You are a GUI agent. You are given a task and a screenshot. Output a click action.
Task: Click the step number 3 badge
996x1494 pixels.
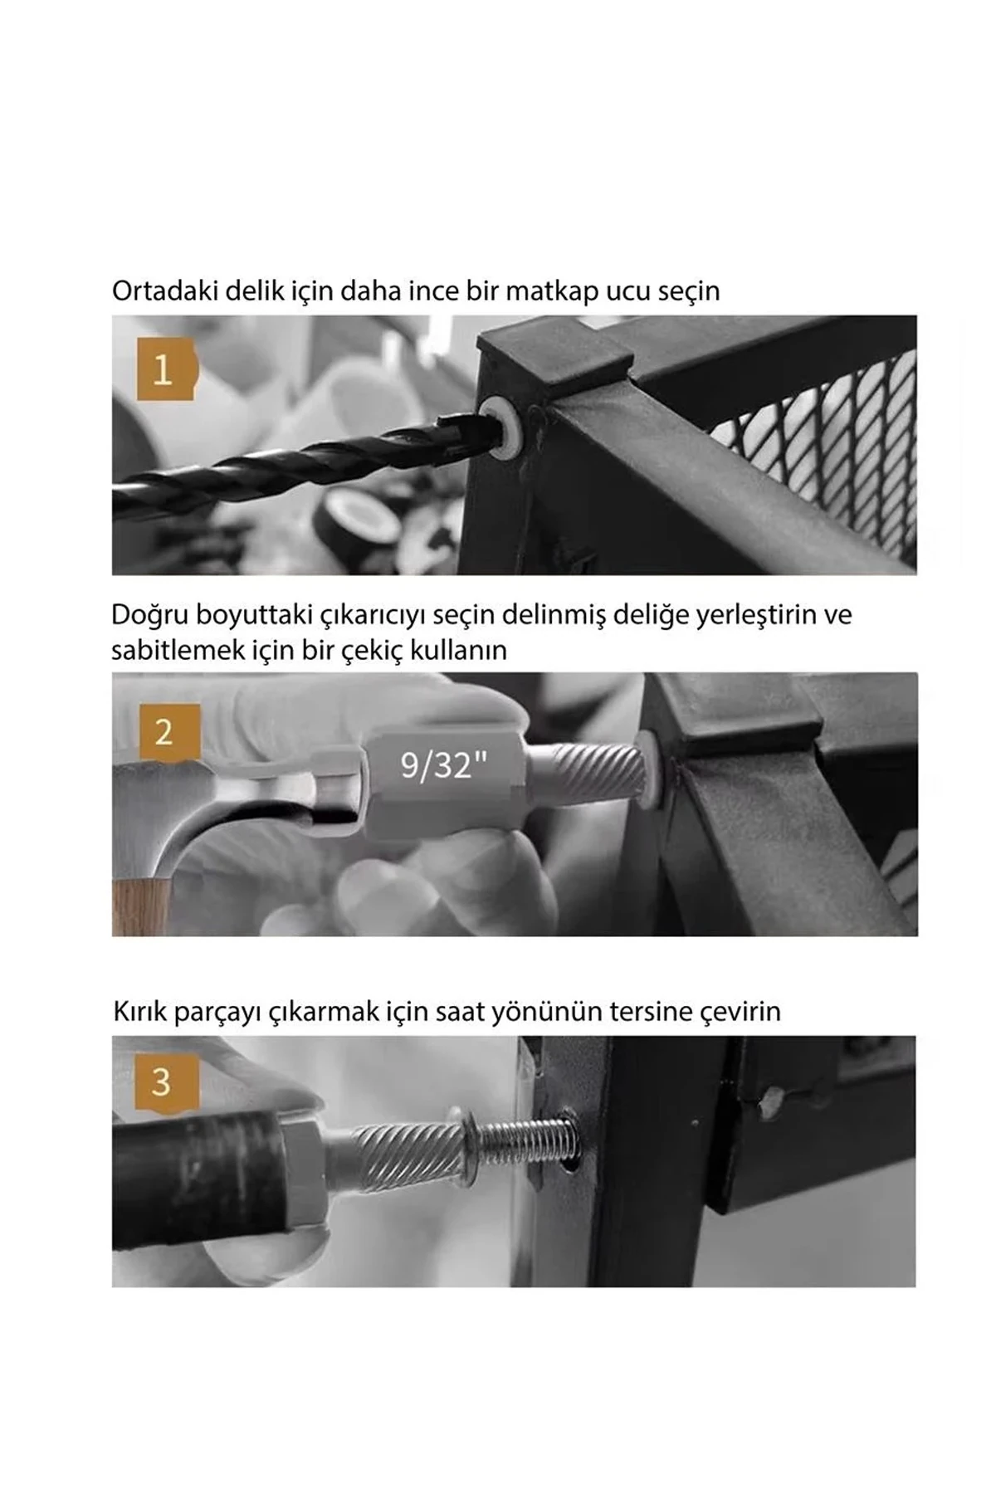point(163,1082)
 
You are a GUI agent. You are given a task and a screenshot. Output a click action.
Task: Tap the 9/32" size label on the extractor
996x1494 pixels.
point(442,764)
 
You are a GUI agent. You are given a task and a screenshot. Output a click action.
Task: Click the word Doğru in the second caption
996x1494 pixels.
point(149,615)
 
